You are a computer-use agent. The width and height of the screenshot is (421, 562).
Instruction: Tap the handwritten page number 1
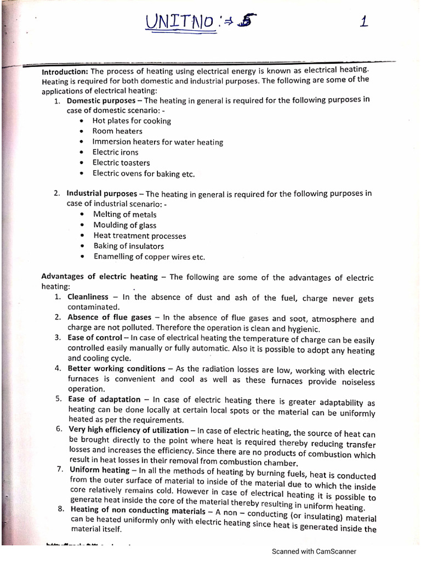[x=363, y=22]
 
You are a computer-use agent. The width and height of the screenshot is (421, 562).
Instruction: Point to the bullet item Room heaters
[x=117, y=131]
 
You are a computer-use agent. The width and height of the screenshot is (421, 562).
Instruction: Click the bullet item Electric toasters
[x=121, y=162]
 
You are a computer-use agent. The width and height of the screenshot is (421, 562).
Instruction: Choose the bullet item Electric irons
[x=115, y=152]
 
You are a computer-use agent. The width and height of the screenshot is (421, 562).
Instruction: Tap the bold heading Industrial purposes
[x=102, y=194]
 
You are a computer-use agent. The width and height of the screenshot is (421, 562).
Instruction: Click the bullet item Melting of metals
[x=124, y=215]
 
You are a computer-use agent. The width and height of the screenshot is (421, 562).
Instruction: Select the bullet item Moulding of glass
[x=124, y=225]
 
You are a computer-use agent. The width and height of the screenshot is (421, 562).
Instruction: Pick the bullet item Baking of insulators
[x=128, y=246]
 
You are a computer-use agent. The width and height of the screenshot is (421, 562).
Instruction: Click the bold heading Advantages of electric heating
[x=100, y=277]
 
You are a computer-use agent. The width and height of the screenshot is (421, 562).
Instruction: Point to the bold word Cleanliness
[x=88, y=297]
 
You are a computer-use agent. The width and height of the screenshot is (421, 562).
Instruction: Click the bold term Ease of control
[x=95, y=338]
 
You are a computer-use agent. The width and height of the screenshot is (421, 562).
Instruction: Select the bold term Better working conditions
[x=116, y=368]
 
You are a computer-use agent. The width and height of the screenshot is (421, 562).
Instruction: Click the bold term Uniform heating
[x=99, y=470]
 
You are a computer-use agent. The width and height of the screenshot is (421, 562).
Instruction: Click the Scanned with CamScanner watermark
[x=314, y=552]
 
